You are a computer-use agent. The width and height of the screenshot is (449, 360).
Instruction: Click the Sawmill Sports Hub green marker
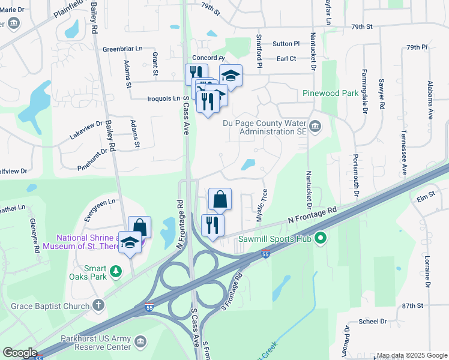click(x=321, y=239)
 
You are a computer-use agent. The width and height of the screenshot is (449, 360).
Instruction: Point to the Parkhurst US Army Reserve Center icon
click(x=141, y=341)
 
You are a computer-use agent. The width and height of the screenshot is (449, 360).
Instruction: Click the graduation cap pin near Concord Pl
click(x=230, y=76)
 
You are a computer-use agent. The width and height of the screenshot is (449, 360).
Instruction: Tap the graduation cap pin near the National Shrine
click(x=130, y=243)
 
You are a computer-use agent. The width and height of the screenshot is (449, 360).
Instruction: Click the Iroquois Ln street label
click(x=163, y=98)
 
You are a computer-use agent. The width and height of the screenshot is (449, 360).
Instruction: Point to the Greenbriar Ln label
click(x=122, y=49)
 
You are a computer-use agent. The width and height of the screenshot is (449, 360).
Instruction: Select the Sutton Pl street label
click(x=286, y=44)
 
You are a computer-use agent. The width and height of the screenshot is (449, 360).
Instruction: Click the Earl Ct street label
click(x=286, y=58)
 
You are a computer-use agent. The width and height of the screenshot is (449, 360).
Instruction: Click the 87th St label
click(x=413, y=305)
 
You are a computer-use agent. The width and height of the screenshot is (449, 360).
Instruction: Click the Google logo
click(x=19, y=353)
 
